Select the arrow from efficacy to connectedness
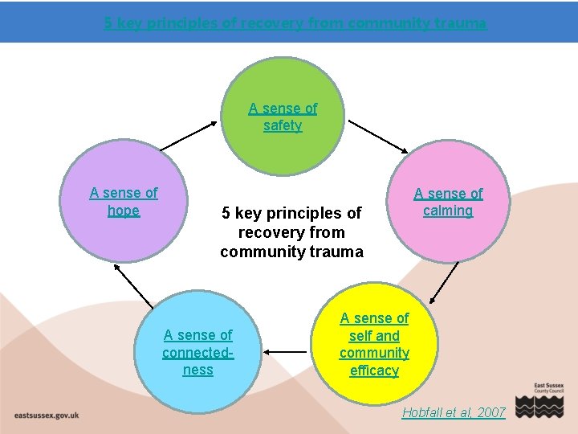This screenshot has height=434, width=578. tap(287, 351)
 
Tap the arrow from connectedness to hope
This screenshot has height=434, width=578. tap(135, 286)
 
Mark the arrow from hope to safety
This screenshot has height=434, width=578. tap(189, 135)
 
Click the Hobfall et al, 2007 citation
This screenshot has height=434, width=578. tap(454, 412)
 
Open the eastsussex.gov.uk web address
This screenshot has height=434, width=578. tap(46, 415)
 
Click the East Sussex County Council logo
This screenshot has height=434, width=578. tap(540, 399)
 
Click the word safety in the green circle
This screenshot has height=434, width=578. tap(283, 126)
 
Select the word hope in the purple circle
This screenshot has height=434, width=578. tap(124, 211)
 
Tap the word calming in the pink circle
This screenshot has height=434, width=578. tap(448, 211)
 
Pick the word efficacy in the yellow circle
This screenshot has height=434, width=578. tap(374, 371)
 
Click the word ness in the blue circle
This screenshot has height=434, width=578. tap(198, 371)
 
